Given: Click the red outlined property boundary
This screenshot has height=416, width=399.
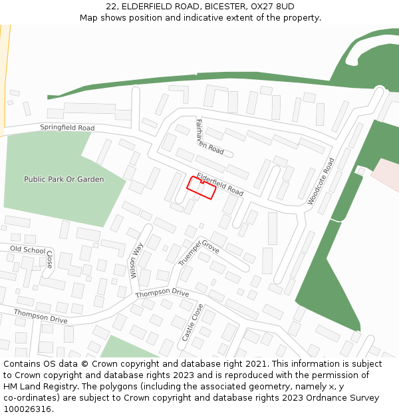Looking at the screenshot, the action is pyautogui.click(x=201, y=188).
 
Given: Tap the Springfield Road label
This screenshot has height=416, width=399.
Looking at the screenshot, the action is pyautogui.click(x=67, y=128).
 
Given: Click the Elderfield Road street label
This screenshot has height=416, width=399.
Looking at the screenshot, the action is pyautogui.click(x=220, y=184).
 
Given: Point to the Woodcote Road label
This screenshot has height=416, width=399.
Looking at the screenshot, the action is pyautogui.click(x=321, y=181).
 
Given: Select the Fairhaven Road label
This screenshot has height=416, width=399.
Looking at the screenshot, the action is pyautogui.click(x=209, y=136).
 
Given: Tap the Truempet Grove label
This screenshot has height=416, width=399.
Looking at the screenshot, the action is pyautogui.click(x=199, y=252).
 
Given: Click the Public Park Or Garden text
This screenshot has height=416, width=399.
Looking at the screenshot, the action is pyautogui.click(x=64, y=179).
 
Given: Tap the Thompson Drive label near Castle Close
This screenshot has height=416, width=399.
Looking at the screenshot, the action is pyautogui.click(x=162, y=293).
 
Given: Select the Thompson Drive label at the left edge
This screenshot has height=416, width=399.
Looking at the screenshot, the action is pyautogui.click(x=41, y=316).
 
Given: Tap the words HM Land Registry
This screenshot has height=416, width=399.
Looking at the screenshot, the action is pyautogui.click(x=35, y=387).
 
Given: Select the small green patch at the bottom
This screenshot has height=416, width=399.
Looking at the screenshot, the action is pyautogui.click(x=126, y=347).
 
